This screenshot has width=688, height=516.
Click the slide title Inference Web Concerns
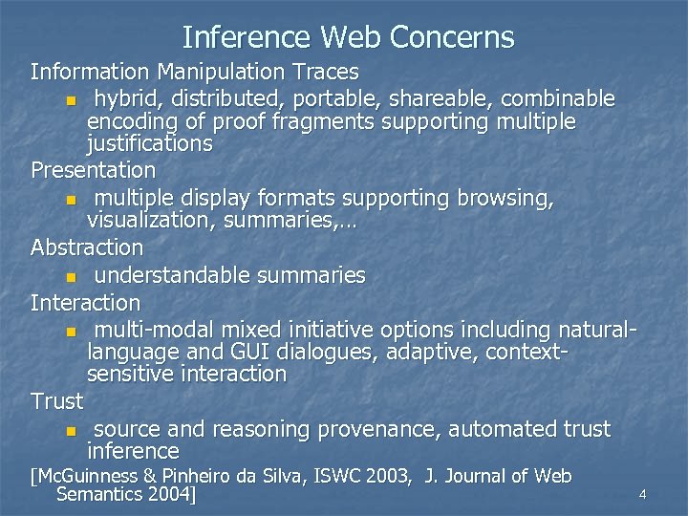(348, 37)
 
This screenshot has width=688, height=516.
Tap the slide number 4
(643, 494)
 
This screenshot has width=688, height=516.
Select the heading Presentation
(93, 170)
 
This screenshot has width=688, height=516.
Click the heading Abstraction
(87, 247)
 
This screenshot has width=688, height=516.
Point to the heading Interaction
(85, 303)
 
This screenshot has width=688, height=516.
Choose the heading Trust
(56, 400)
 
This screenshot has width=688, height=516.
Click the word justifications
(149, 144)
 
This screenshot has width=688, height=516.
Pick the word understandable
(173, 275)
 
